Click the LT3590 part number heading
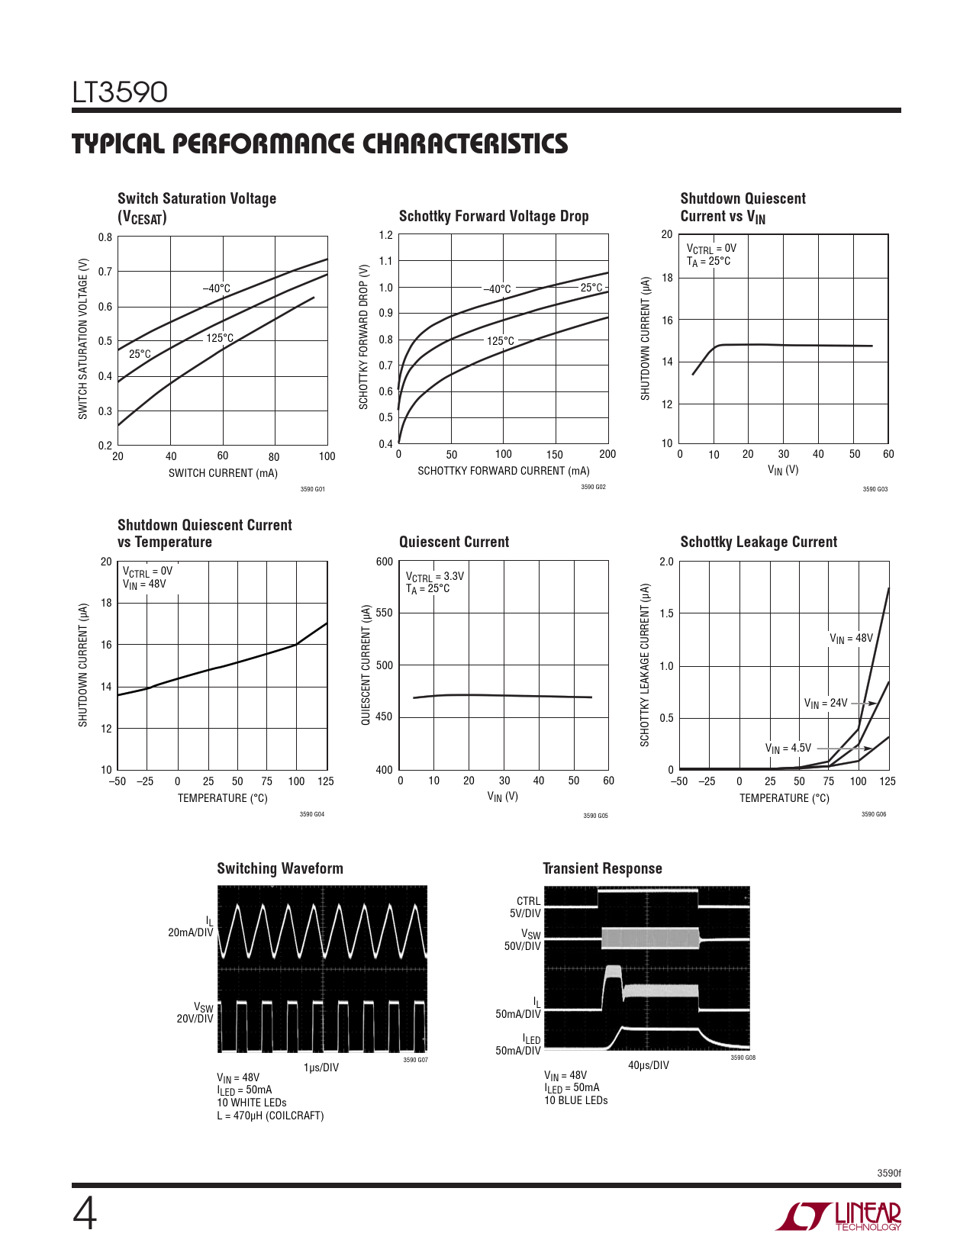120,92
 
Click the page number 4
85,1214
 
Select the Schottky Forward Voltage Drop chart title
494,216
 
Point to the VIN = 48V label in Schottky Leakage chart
851,638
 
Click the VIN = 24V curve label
825,703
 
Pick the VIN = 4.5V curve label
788,749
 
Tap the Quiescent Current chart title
453,542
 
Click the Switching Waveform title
280,868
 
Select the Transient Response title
602,868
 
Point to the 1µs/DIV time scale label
321,1067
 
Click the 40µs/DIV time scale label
648,1065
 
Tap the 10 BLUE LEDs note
575,1100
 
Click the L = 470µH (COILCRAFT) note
270,1116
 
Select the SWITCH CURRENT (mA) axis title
223,473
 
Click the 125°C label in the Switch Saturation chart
220,338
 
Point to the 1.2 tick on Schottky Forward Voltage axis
386,235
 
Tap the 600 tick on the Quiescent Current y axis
385,562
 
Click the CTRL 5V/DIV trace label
526,907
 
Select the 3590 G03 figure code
875,489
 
